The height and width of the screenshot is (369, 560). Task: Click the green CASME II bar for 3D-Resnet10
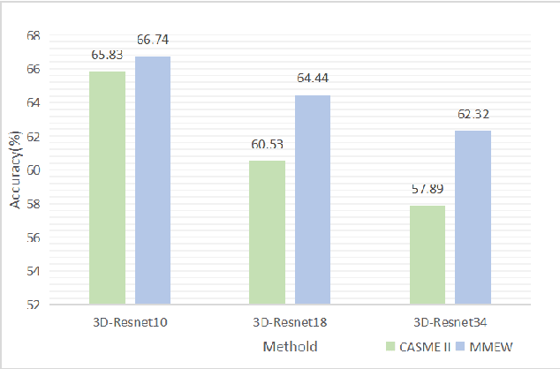pos(107,188)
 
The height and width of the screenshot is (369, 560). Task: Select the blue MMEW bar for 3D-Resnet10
pos(153,180)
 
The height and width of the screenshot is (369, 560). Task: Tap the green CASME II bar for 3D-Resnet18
pos(267,233)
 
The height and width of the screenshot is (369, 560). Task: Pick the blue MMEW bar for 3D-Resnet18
pos(313,200)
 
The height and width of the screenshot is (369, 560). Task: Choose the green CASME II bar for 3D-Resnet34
pos(427,255)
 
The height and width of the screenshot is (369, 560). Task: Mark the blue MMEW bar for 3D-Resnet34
pos(473,217)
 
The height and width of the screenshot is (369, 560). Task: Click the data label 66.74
pos(153,40)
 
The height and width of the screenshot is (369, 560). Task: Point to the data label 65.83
pos(107,54)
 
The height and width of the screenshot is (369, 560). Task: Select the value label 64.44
pos(313,79)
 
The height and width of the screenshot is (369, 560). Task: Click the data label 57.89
pos(427,189)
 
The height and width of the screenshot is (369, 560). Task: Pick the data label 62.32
pos(473,114)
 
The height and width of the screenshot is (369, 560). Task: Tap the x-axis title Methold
pos(290,346)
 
